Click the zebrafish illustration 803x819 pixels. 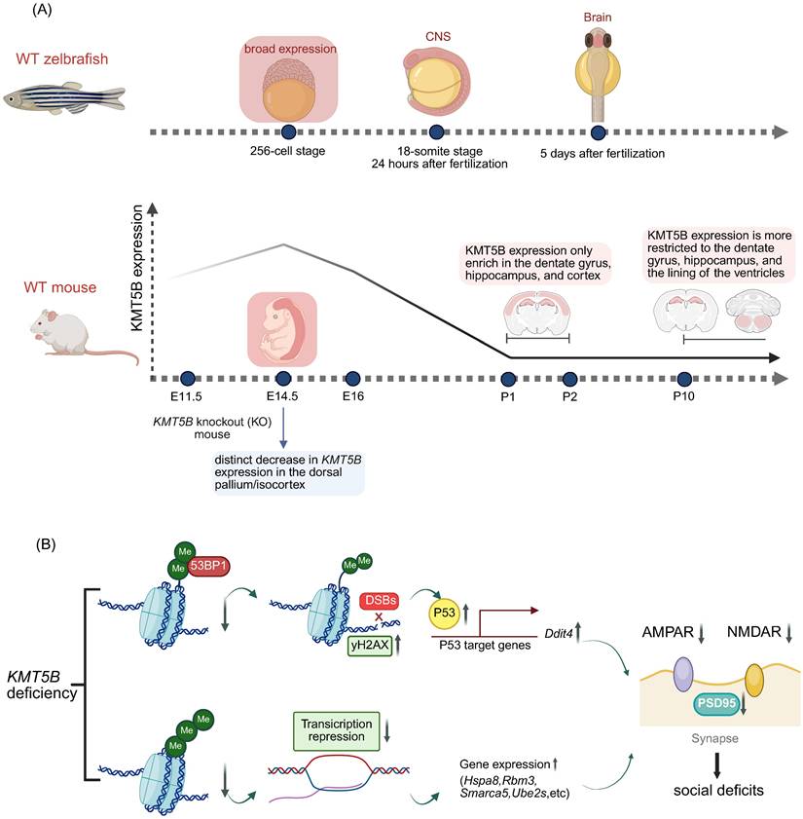tap(51, 101)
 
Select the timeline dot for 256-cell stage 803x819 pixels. tap(287, 132)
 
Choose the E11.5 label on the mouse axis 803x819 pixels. tap(185, 397)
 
